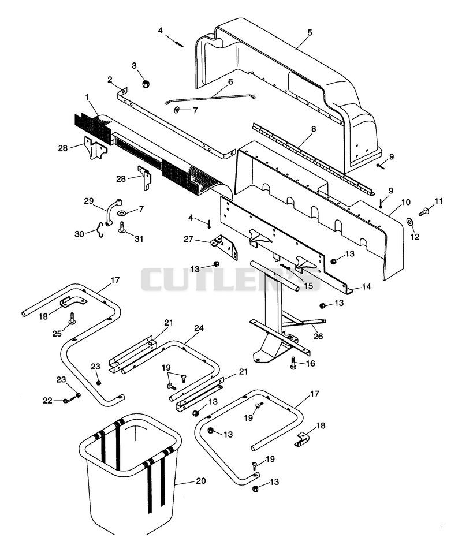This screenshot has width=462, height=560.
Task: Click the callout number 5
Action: [310, 32]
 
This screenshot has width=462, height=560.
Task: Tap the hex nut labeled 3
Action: [146, 83]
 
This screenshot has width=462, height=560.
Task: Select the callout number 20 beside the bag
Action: [201, 481]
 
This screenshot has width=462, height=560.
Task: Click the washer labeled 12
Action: [410, 222]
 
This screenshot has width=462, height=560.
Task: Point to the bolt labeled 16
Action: [294, 363]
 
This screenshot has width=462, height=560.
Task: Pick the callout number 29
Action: [88, 201]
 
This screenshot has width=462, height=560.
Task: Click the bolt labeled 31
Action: [122, 227]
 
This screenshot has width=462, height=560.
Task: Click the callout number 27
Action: [188, 239]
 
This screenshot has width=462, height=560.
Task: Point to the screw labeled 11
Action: [424, 212]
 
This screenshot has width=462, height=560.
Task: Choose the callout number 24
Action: [199, 327]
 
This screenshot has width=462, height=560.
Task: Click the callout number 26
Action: [318, 336]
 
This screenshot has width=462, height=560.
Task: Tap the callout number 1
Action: [87, 97]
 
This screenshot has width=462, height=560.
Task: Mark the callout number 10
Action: [406, 202]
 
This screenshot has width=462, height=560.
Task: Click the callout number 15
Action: [308, 285]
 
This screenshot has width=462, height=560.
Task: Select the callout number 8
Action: [314, 129]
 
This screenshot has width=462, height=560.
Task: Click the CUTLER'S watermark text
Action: [230, 279]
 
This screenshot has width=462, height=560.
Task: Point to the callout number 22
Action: [47, 401]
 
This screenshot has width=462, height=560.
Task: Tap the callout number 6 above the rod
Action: [230, 82]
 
